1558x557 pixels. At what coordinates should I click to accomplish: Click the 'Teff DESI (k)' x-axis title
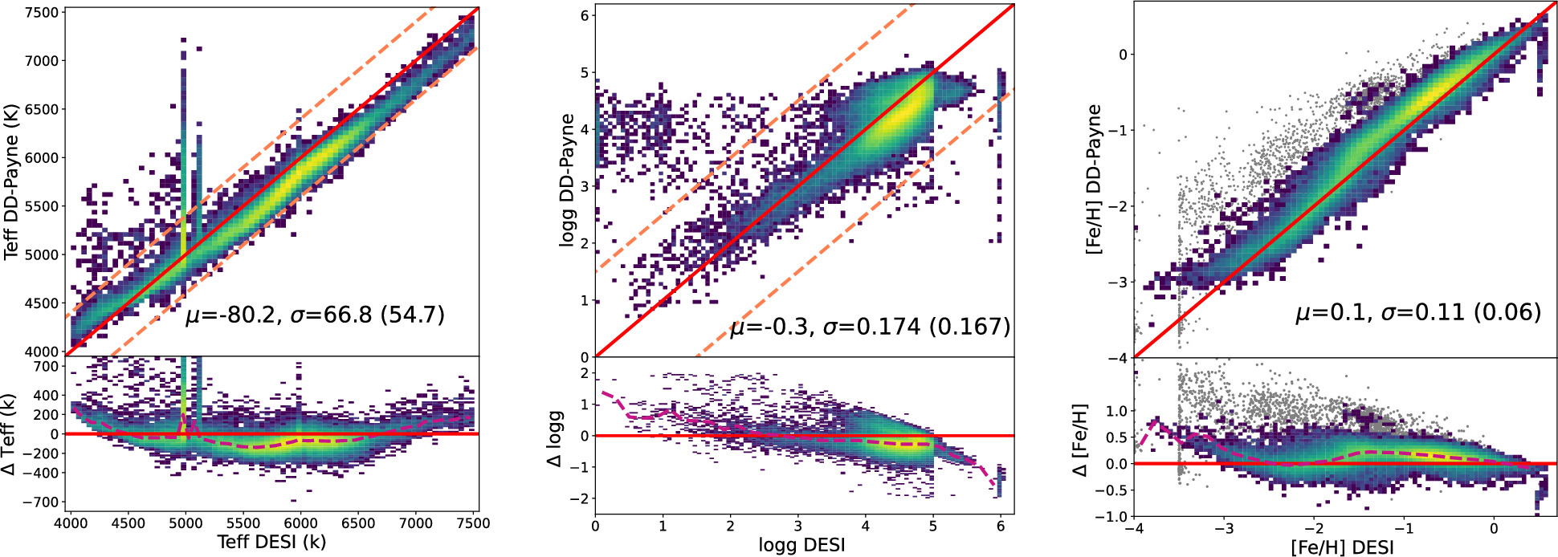click(x=271, y=543)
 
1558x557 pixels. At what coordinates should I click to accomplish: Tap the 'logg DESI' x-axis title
click(x=801, y=546)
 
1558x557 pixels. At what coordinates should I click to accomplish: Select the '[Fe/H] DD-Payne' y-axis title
click(x=1094, y=180)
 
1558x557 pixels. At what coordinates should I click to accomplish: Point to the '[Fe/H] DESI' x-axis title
click(x=1342, y=547)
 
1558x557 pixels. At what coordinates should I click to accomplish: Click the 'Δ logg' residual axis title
click(x=555, y=439)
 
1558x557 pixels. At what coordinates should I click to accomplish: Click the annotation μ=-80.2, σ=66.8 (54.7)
click(x=315, y=315)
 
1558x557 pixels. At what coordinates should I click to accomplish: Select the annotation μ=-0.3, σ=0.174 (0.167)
click(x=870, y=327)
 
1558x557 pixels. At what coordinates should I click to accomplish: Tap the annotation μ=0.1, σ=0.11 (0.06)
click(x=1418, y=312)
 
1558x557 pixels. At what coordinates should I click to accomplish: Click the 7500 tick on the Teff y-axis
click(x=42, y=13)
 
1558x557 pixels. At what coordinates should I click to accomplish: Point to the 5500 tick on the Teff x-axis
click(x=243, y=524)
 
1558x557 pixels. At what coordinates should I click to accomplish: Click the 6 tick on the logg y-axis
click(x=585, y=16)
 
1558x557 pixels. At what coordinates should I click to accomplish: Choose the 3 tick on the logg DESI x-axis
click(x=797, y=527)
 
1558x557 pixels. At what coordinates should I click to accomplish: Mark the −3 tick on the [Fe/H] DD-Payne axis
click(x=1116, y=283)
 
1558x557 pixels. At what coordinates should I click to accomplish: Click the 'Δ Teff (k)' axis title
click(x=10, y=434)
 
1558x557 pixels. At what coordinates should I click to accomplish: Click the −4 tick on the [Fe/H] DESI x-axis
click(x=1134, y=530)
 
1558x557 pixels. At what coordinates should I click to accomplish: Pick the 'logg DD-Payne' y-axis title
click(x=568, y=180)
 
